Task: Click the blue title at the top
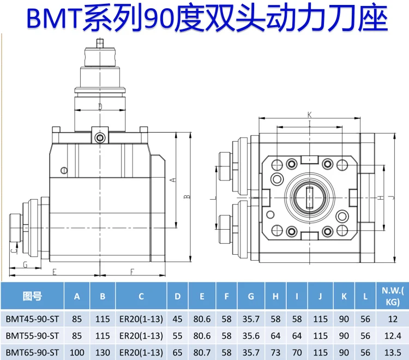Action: click(x=207, y=17)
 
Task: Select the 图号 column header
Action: click(x=32, y=296)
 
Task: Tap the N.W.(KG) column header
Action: click(x=393, y=296)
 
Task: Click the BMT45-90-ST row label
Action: click(x=32, y=319)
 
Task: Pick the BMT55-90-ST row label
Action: click(x=32, y=336)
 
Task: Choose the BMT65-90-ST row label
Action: click(x=32, y=353)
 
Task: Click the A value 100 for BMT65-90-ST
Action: click(x=77, y=353)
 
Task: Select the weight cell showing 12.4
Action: click(x=393, y=336)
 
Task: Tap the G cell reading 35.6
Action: click(x=251, y=336)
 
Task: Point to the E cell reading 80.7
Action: click(x=202, y=353)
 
